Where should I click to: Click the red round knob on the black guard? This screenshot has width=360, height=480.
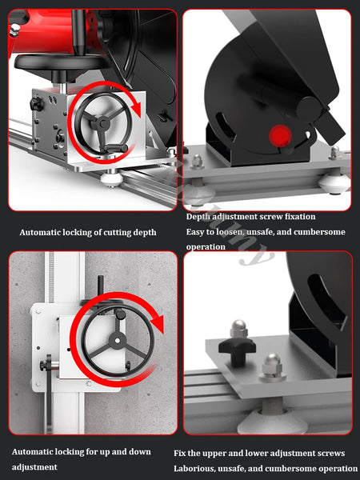point(280,136)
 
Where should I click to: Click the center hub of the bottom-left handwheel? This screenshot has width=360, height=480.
point(118,341)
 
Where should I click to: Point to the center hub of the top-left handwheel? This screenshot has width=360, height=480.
point(103,124)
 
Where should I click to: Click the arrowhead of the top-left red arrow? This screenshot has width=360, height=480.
point(136,110)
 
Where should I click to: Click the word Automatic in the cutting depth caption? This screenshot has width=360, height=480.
point(39,232)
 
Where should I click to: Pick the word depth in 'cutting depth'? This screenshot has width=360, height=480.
point(145,233)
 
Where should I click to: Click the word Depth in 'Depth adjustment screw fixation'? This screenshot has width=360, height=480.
point(198,217)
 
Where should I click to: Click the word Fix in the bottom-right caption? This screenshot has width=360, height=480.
point(179,453)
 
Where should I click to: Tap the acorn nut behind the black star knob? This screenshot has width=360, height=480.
point(238,329)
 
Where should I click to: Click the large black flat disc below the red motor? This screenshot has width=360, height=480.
point(62,62)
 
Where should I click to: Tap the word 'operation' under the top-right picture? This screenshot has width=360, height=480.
point(206,246)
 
